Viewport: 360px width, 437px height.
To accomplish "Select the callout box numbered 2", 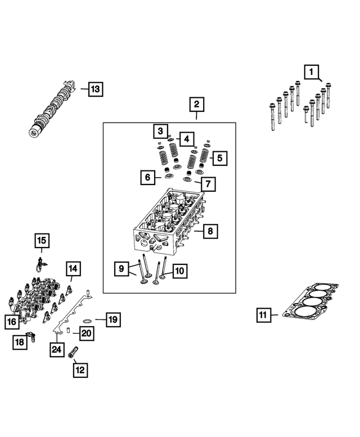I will (196, 105).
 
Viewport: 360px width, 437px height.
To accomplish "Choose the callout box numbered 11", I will (262, 315).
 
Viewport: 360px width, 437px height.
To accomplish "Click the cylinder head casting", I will (169, 219).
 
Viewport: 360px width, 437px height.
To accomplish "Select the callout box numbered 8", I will (210, 231).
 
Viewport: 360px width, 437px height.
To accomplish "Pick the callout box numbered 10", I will (179, 271).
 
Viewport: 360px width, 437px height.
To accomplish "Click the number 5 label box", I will (219, 158).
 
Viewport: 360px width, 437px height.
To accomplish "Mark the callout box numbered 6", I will (147, 178).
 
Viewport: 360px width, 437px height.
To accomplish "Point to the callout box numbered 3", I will (160, 131).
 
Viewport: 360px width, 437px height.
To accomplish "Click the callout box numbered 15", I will (41, 241).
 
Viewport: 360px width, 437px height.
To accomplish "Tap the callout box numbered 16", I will (11, 322).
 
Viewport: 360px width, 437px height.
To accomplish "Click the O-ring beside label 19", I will (87, 320).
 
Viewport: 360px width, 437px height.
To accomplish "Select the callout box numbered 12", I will (79, 370).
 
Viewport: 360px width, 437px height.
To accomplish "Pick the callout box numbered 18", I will (20, 342).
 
